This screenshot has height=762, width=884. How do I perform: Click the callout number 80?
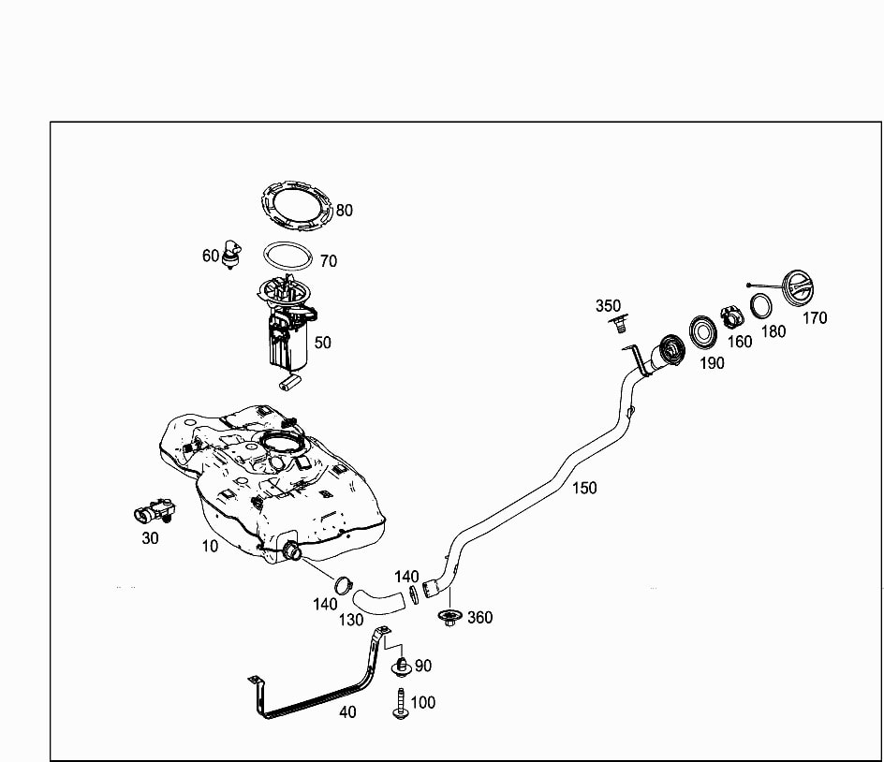(x=345, y=211)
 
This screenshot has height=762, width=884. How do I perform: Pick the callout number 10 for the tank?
(x=210, y=545)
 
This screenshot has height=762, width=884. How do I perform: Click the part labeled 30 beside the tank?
(x=154, y=512)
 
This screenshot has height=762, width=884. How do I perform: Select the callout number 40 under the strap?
(x=347, y=711)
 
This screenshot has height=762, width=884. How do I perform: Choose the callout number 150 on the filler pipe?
(x=584, y=487)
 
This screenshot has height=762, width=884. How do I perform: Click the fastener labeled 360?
(x=449, y=617)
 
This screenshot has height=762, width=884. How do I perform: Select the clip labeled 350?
(x=617, y=325)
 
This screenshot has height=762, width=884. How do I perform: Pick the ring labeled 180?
(x=762, y=306)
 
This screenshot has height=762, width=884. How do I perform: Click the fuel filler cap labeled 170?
(x=803, y=287)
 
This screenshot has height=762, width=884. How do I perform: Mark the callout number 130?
(x=351, y=619)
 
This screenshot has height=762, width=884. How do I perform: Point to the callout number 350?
(x=608, y=305)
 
